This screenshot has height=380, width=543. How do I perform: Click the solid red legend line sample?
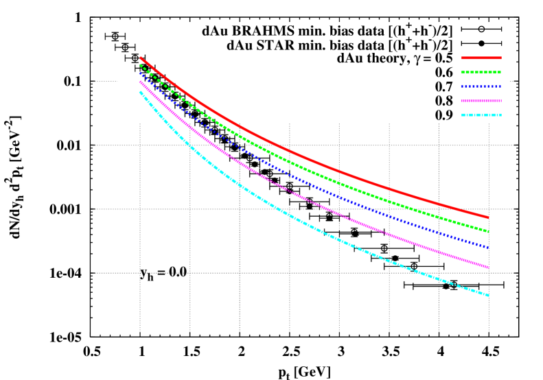tap(481, 58)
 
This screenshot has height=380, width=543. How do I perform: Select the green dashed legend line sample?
tap(481, 72)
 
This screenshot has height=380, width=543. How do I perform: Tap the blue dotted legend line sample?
tap(481, 86)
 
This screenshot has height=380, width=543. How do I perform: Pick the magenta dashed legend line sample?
tap(481, 101)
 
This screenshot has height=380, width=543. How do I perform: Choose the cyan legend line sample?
tap(481, 115)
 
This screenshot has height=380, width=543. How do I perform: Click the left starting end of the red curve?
tap(141, 58)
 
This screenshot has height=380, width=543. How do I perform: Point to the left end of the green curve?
tap(141, 66)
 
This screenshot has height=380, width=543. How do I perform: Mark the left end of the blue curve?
tap(141, 73)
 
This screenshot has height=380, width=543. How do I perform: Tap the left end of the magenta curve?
tap(141, 82)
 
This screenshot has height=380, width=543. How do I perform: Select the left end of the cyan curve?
tap(141, 92)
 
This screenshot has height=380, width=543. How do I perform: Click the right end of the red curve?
tap(488, 217)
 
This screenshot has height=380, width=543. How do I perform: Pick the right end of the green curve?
tap(488, 231)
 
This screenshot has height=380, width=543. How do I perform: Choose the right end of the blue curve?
tap(488, 247)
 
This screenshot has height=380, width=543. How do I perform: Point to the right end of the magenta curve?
tap(488, 267)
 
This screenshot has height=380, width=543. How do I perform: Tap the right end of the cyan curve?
tap(488, 295)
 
